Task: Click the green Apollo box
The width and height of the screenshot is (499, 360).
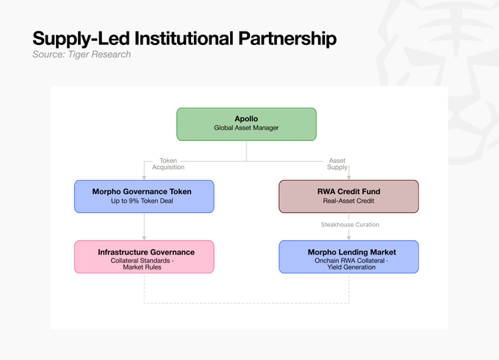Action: tap(246, 124)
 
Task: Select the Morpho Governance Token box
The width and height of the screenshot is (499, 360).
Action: tap(144, 197)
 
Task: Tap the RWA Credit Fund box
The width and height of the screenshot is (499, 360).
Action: tap(349, 197)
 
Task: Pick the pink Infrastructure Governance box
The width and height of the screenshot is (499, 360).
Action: tap(144, 256)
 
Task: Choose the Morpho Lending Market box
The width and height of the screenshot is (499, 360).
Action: tap(349, 256)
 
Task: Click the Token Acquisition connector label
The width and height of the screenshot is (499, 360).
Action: tap(168, 164)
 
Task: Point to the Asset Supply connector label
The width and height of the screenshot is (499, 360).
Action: tap(337, 164)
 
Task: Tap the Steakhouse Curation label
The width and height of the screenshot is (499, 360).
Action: tap(350, 225)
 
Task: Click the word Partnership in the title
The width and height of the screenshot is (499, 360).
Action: tap(287, 39)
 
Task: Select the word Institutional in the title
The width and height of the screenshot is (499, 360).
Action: tap(184, 38)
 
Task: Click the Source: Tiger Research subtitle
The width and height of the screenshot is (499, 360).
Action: tap(82, 54)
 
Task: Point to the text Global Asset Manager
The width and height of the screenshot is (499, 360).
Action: tap(246, 128)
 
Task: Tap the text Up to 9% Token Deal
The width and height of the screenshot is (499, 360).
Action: tap(142, 201)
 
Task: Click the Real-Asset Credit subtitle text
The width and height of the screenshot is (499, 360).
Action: tap(348, 201)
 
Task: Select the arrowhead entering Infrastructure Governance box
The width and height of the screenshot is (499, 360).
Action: tap(144, 238)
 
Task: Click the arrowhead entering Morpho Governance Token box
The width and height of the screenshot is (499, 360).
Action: tap(144, 178)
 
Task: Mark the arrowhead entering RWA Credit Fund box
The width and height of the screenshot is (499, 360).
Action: tap(349, 178)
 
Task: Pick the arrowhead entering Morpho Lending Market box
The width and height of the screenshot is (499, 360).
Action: tap(349, 238)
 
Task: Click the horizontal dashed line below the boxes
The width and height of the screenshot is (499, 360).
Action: tap(246, 303)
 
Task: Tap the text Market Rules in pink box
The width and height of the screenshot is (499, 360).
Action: tap(142, 267)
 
